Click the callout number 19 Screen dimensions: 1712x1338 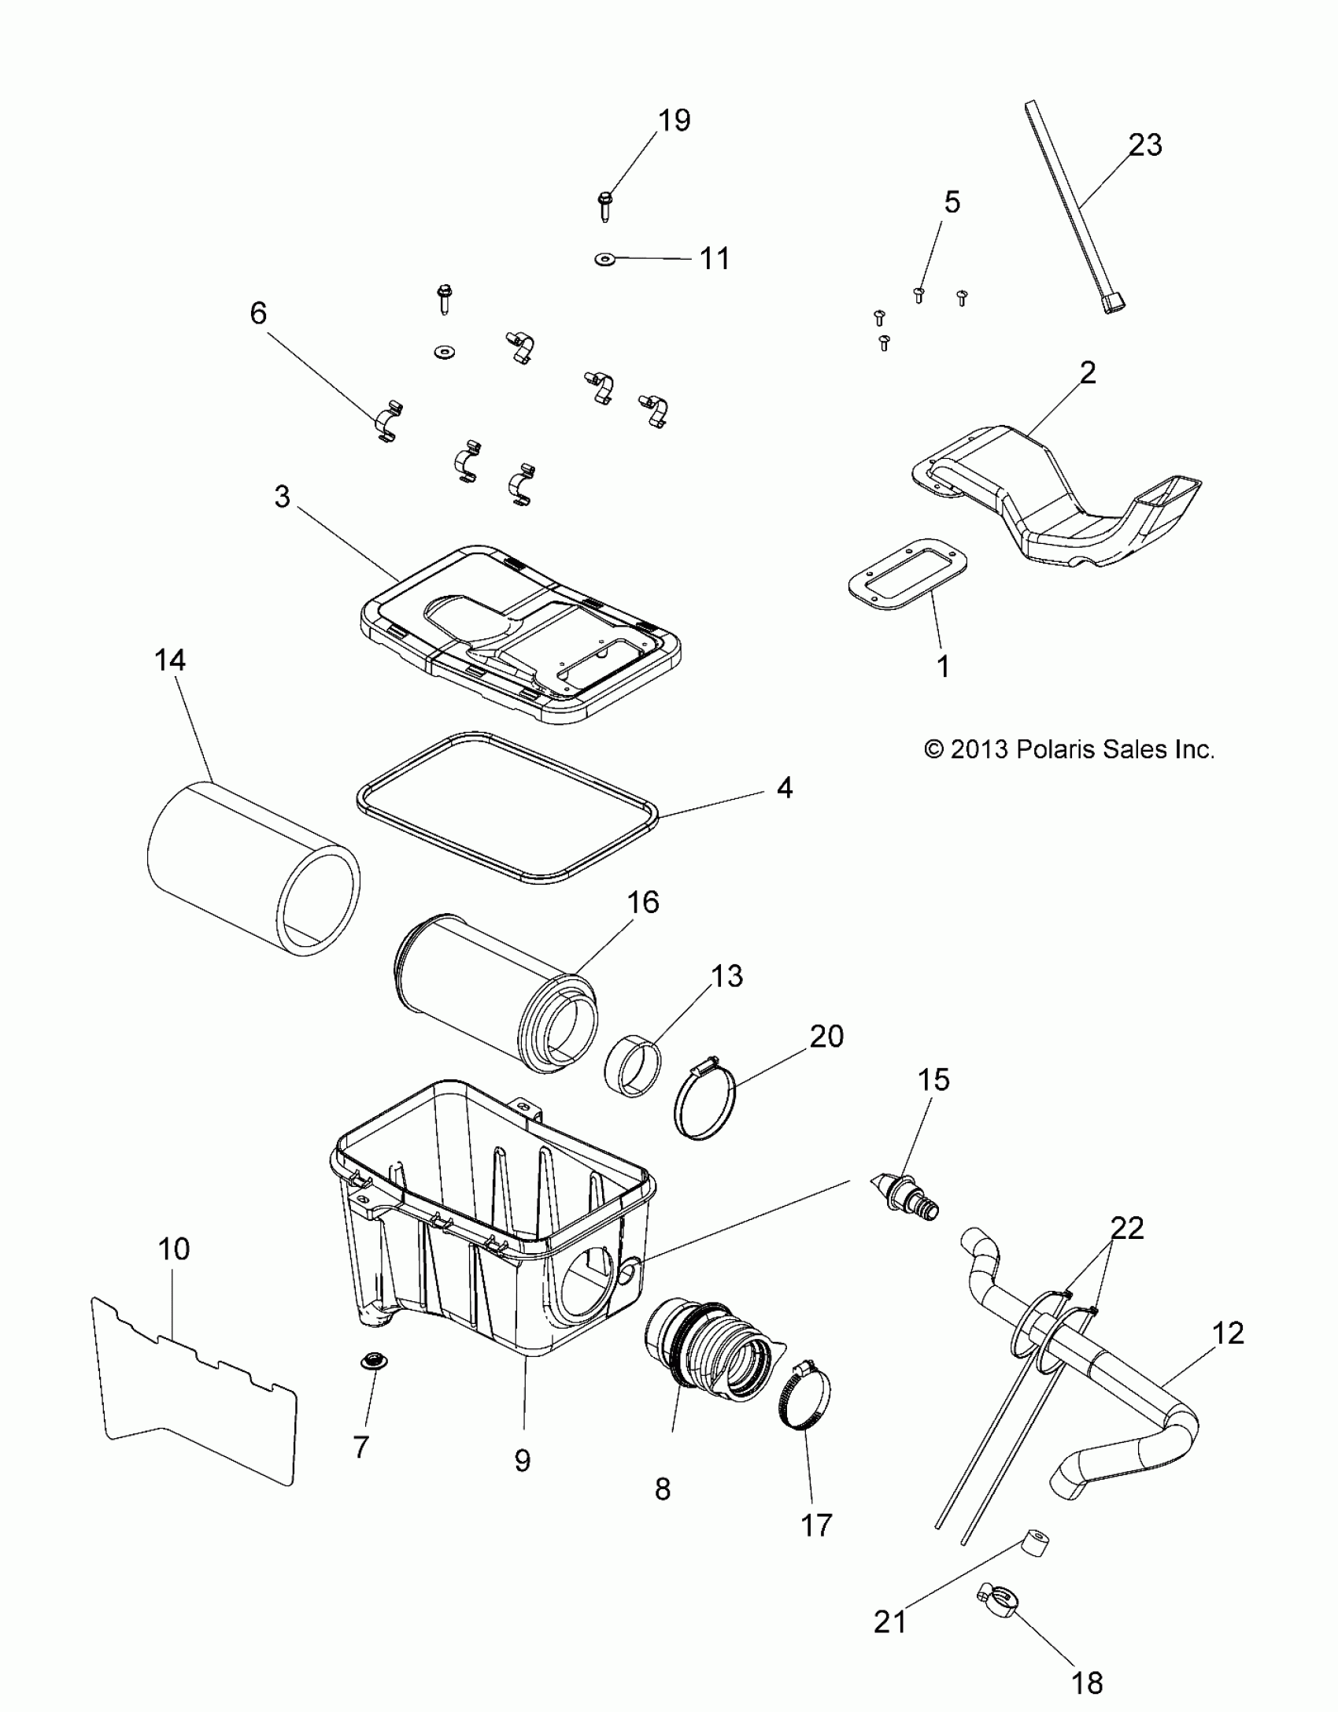(674, 120)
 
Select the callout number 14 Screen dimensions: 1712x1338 (169, 660)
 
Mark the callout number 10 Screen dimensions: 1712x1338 (174, 1249)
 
